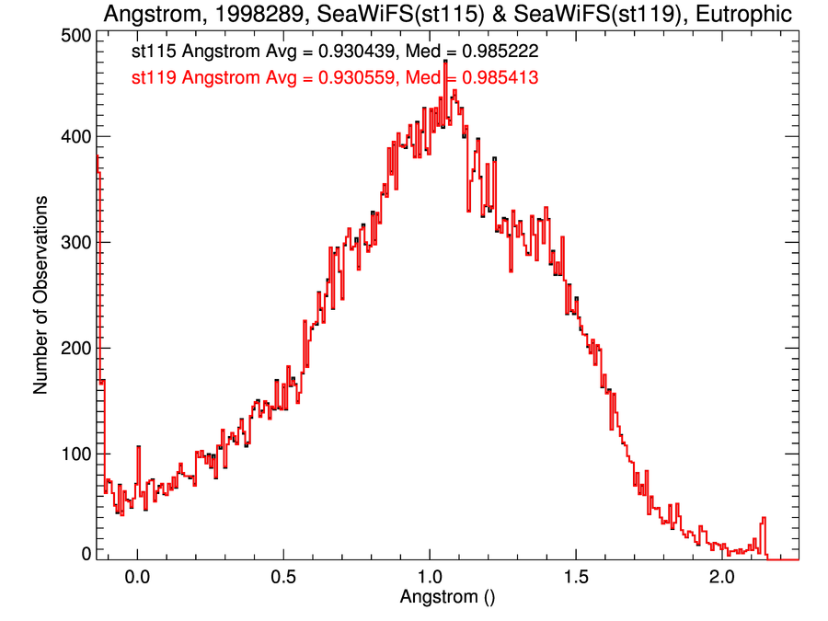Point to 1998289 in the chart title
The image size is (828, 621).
[243, 15]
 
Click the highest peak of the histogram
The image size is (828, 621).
[445, 62]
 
